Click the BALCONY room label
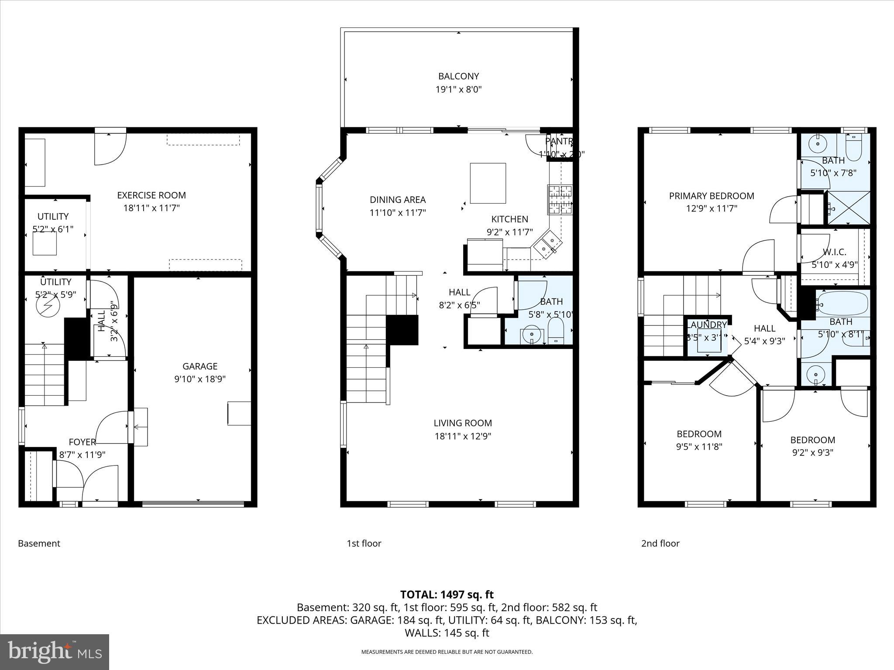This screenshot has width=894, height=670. click(458, 76)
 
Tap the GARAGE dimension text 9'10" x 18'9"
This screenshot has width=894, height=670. click(200, 379)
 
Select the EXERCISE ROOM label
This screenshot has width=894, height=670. click(151, 195)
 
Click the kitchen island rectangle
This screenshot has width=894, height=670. click(488, 183)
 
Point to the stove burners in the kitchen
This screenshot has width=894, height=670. click(560, 199)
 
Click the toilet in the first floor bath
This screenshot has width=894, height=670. click(555, 332)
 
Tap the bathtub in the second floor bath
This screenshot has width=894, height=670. click(842, 303)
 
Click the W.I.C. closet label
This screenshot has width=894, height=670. click(834, 252)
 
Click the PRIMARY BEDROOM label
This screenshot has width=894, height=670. click(712, 196)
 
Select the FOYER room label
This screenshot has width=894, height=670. click(82, 442)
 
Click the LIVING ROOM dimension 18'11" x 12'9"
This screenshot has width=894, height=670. click(463, 436)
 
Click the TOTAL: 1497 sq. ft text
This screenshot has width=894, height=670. click(447, 595)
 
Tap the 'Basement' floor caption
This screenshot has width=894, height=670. click(39, 544)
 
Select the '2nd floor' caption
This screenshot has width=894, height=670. click(660, 544)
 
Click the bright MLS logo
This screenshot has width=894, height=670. click(55, 652)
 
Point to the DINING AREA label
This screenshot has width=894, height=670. click(397, 200)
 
